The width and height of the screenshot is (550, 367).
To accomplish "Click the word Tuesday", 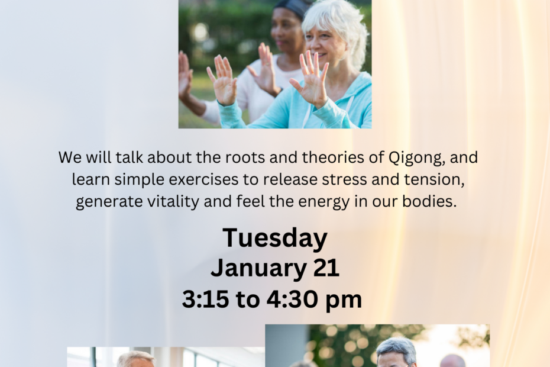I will coord(275,239).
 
